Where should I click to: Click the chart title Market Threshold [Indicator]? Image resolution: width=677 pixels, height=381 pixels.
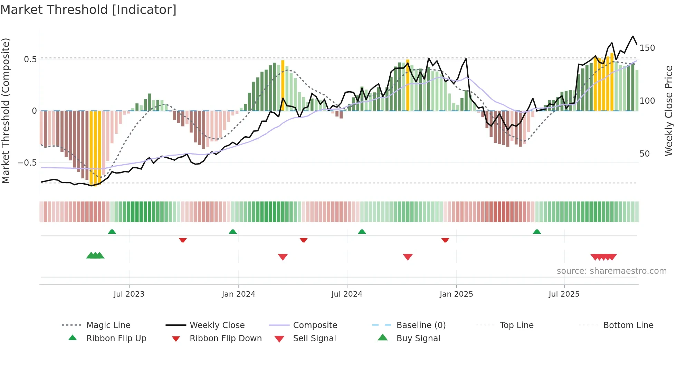click(88, 10)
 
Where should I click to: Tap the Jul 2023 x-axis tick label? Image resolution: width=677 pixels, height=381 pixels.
click(129, 294)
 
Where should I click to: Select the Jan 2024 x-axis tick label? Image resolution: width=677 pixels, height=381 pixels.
click(238, 294)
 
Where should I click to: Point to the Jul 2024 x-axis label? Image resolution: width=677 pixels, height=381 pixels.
click(347, 294)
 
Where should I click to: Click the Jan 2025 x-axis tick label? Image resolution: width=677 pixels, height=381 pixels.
click(456, 294)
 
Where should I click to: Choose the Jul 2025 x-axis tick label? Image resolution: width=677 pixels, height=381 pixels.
click(564, 294)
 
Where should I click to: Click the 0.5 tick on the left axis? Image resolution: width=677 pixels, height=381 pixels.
click(30, 59)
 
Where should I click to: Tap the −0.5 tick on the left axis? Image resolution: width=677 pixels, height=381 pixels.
click(28, 162)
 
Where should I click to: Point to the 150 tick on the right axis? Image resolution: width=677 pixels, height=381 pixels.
click(647, 48)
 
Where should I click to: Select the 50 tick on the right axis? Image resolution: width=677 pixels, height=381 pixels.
click(645, 154)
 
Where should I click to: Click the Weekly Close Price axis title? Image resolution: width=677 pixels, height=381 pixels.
click(669, 111)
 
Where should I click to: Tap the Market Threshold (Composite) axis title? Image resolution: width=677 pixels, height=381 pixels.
click(6, 111)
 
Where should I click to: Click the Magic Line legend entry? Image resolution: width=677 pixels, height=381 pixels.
click(108, 325)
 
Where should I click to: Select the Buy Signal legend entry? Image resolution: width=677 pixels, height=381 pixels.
click(418, 338)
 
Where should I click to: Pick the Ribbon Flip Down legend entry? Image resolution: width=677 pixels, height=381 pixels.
click(226, 338)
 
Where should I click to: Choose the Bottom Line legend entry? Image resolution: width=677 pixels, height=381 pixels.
click(628, 325)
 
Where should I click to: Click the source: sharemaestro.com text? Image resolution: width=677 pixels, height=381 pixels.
click(611, 271)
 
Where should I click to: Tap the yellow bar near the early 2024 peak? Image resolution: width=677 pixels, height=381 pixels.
click(283, 85)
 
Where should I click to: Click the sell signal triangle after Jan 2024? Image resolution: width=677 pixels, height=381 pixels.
click(283, 257)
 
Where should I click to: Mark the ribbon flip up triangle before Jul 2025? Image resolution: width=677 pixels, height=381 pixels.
click(537, 232)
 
